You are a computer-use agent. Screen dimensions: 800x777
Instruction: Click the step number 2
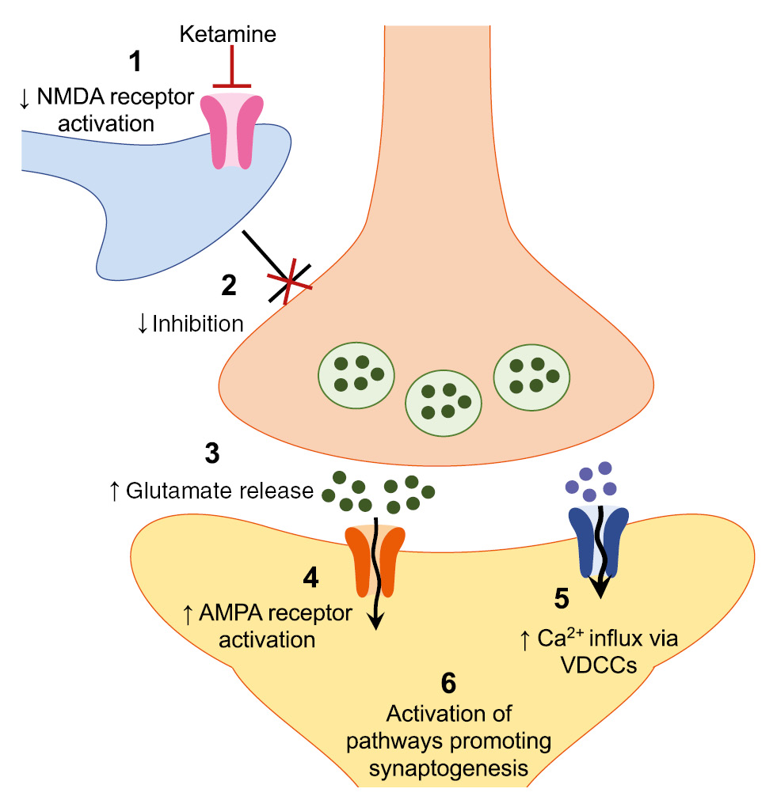230,286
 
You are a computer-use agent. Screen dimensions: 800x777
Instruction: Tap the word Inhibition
196,323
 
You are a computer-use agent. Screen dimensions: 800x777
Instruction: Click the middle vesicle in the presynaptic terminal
442,401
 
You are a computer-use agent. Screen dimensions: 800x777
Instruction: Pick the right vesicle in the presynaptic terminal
529,376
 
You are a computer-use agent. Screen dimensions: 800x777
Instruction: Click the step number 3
211,454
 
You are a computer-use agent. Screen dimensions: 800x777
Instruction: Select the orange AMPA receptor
375,559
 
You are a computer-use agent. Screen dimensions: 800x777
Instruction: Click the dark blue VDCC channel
599,542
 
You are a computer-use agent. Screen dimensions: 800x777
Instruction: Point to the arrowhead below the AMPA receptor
375,622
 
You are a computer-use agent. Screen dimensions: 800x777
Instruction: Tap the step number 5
561,599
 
